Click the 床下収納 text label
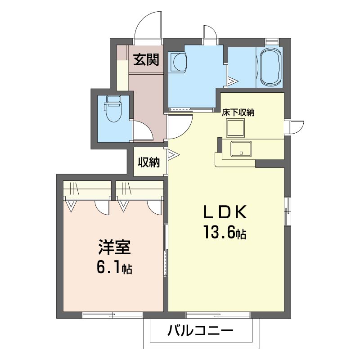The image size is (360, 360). [238, 112]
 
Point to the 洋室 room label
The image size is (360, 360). [114, 248]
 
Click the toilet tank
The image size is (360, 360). [112, 99]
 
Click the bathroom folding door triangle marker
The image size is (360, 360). [232, 82]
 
